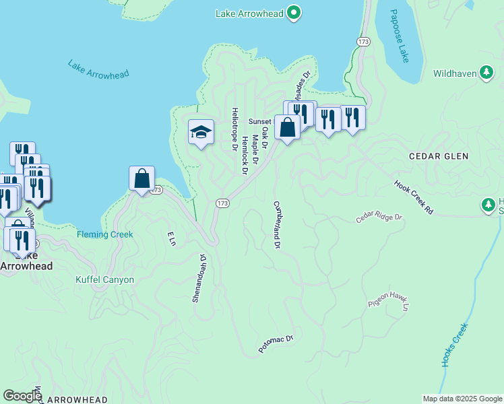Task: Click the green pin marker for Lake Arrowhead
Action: click(x=293, y=12)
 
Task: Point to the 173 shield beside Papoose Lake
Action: click(x=364, y=42)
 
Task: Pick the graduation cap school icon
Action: click(x=201, y=132)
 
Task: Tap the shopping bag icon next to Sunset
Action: click(x=288, y=127)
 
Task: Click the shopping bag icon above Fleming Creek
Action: click(x=142, y=178)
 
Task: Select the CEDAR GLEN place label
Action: click(x=439, y=156)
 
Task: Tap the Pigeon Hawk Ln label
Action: click(x=389, y=301)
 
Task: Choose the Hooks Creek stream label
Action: click(x=454, y=345)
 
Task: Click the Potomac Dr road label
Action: click(x=276, y=345)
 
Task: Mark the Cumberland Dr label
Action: click(x=276, y=224)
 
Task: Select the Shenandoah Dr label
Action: click(x=198, y=277)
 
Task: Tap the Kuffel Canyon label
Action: click(x=104, y=279)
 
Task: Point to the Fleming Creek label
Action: click(x=105, y=234)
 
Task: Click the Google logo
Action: click(x=22, y=396)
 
